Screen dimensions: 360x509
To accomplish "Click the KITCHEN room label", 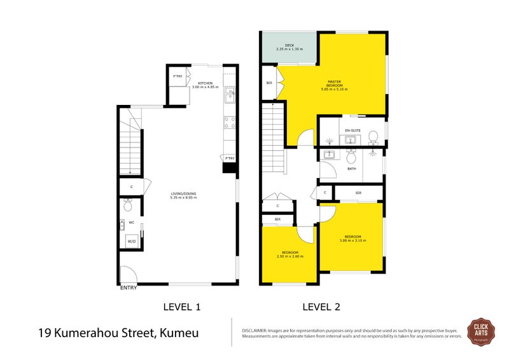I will coord(206,84).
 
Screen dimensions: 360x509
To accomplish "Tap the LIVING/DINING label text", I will coord(183,193).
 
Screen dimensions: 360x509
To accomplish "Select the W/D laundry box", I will coord(132,241).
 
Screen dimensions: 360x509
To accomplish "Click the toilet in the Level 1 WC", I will coord(128,205).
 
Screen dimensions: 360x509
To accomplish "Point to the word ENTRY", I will coord(129,287).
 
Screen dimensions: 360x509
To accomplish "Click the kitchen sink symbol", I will coord(229,97).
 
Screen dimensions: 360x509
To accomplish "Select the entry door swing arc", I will coord(129,273).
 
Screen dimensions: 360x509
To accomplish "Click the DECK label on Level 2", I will coord(289,46).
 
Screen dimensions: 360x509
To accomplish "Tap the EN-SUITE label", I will coord(352,130).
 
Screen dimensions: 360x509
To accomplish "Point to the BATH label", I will coord(351,169).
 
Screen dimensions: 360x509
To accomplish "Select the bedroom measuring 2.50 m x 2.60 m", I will coord(290,254).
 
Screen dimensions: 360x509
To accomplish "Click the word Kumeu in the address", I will coord(181,333).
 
